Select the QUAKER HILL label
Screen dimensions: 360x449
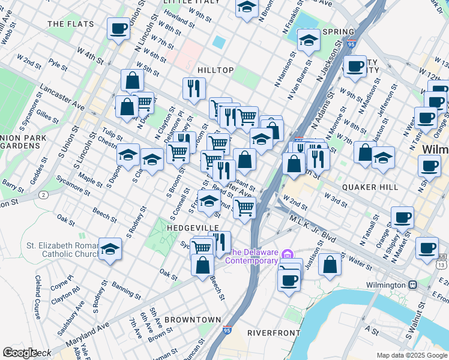tap(370, 187)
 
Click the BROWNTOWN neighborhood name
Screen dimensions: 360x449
tap(193, 319)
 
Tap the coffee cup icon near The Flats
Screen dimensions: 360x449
tap(118, 28)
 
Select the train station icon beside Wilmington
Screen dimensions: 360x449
tap(412, 284)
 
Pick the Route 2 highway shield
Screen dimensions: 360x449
tap(43, 195)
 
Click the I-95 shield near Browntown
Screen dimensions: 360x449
tap(226, 330)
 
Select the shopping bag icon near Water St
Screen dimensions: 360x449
tap(330, 264)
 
